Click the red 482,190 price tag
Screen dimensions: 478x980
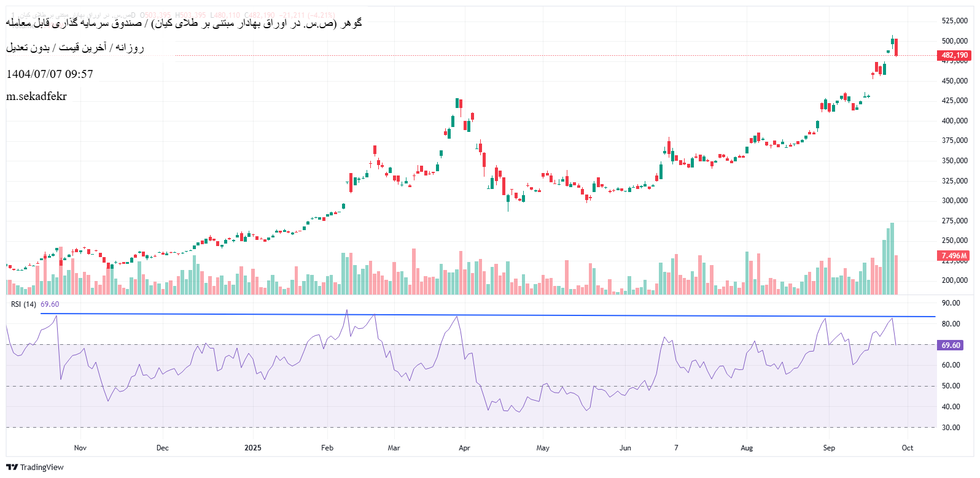(954, 55)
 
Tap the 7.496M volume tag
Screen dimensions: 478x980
(954, 256)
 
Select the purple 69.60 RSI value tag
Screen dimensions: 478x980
(951, 345)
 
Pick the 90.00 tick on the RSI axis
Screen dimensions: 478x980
(951, 303)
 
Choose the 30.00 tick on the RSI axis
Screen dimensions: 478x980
(951, 428)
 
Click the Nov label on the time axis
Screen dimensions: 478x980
(80, 448)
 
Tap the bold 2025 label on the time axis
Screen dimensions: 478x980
(253, 448)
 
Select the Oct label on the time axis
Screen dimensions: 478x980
(908, 448)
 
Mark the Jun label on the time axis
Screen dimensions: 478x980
(625, 448)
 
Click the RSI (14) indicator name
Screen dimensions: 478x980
(24, 304)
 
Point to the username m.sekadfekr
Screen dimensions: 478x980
(36, 96)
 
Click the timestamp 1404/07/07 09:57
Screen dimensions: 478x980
(50, 74)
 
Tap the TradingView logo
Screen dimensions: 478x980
(35, 468)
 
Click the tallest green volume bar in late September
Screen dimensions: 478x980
(892, 258)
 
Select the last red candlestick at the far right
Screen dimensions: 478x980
(896, 47)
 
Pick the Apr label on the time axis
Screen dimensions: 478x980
(464, 448)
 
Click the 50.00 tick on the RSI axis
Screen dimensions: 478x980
(951, 386)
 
